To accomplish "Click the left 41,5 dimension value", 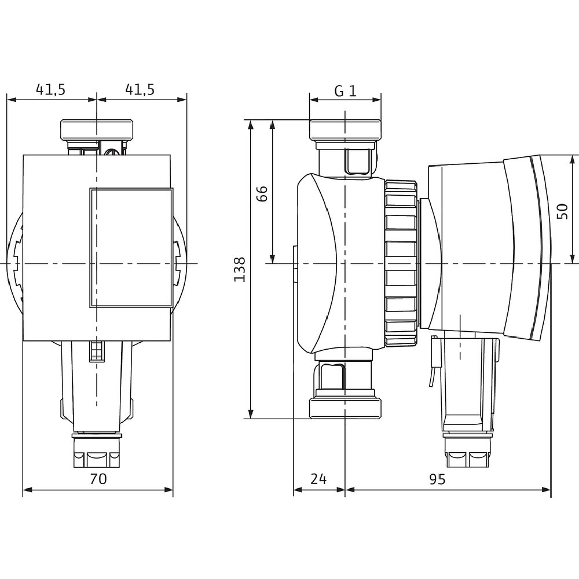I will tap(51, 89).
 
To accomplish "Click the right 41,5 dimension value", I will tap(140, 89).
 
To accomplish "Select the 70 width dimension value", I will tap(98, 478).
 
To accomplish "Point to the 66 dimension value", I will tap(262, 193).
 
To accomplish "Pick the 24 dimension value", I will tap(319, 479).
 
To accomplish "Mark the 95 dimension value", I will tap(437, 479).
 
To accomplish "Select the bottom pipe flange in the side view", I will tap(345, 406).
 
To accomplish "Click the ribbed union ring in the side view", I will tap(400, 263).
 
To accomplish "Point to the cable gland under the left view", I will tap(97, 452).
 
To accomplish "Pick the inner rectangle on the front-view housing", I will tap(131, 247).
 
